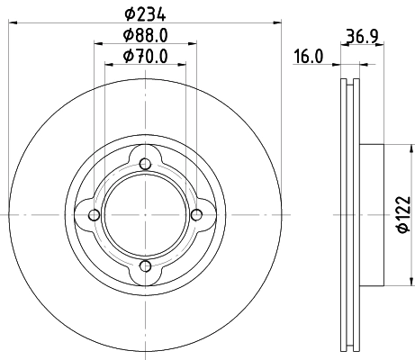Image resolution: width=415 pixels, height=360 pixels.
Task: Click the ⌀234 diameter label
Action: [x=146, y=14]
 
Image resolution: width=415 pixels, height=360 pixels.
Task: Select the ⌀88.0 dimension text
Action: [x=146, y=35]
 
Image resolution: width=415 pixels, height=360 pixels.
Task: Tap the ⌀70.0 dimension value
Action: [x=146, y=57]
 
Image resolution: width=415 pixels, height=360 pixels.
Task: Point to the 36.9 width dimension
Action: [x=362, y=36]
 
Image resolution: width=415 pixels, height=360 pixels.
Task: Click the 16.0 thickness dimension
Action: [x=309, y=57]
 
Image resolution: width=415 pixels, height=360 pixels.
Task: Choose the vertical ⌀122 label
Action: [x=403, y=214]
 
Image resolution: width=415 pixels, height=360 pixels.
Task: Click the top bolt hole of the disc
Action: [x=145, y=164]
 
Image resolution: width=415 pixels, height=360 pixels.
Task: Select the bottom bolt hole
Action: [x=145, y=266]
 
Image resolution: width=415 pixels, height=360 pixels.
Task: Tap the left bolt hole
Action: [x=95, y=215]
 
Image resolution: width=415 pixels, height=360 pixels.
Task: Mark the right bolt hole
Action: [x=196, y=215]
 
